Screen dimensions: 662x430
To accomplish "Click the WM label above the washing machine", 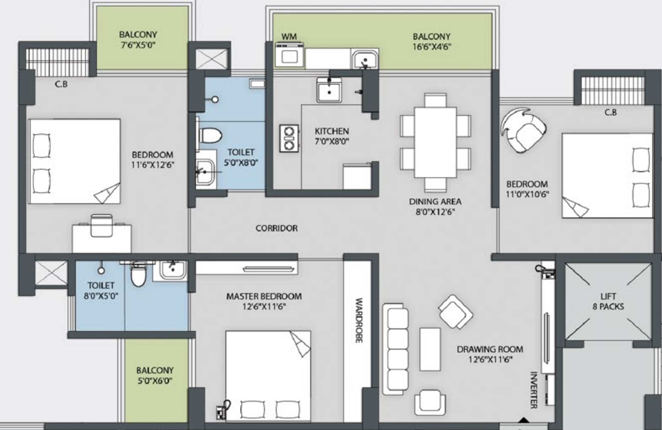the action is [x=289, y=37].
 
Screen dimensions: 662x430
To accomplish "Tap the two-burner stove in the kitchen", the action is [x=289, y=138].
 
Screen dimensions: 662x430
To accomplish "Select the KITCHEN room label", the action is [x=332, y=131].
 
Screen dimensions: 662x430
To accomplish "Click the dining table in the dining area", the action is [x=435, y=142].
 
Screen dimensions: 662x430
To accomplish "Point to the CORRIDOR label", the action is [x=276, y=228].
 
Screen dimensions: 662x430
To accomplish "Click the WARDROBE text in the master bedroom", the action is [x=359, y=320].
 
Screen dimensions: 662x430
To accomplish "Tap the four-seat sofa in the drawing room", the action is [x=395, y=349].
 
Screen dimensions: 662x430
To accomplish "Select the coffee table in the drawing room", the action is [x=430, y=349].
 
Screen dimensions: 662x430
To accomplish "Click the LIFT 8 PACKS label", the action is [x=608, y=301].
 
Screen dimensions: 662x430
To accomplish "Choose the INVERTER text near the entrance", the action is [x=533, y=390].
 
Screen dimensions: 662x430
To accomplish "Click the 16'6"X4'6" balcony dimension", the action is [x=432, y=47].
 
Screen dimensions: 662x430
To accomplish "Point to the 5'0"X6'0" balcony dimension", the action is [x=155, y=381].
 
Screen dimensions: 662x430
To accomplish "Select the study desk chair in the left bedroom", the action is [x=101, y=225].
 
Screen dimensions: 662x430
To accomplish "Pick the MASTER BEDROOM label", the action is [x=264, y=296].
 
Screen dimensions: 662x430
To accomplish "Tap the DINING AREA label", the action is [x=435, y=201].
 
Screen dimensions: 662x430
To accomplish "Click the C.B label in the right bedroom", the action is [x=611, y=112].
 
